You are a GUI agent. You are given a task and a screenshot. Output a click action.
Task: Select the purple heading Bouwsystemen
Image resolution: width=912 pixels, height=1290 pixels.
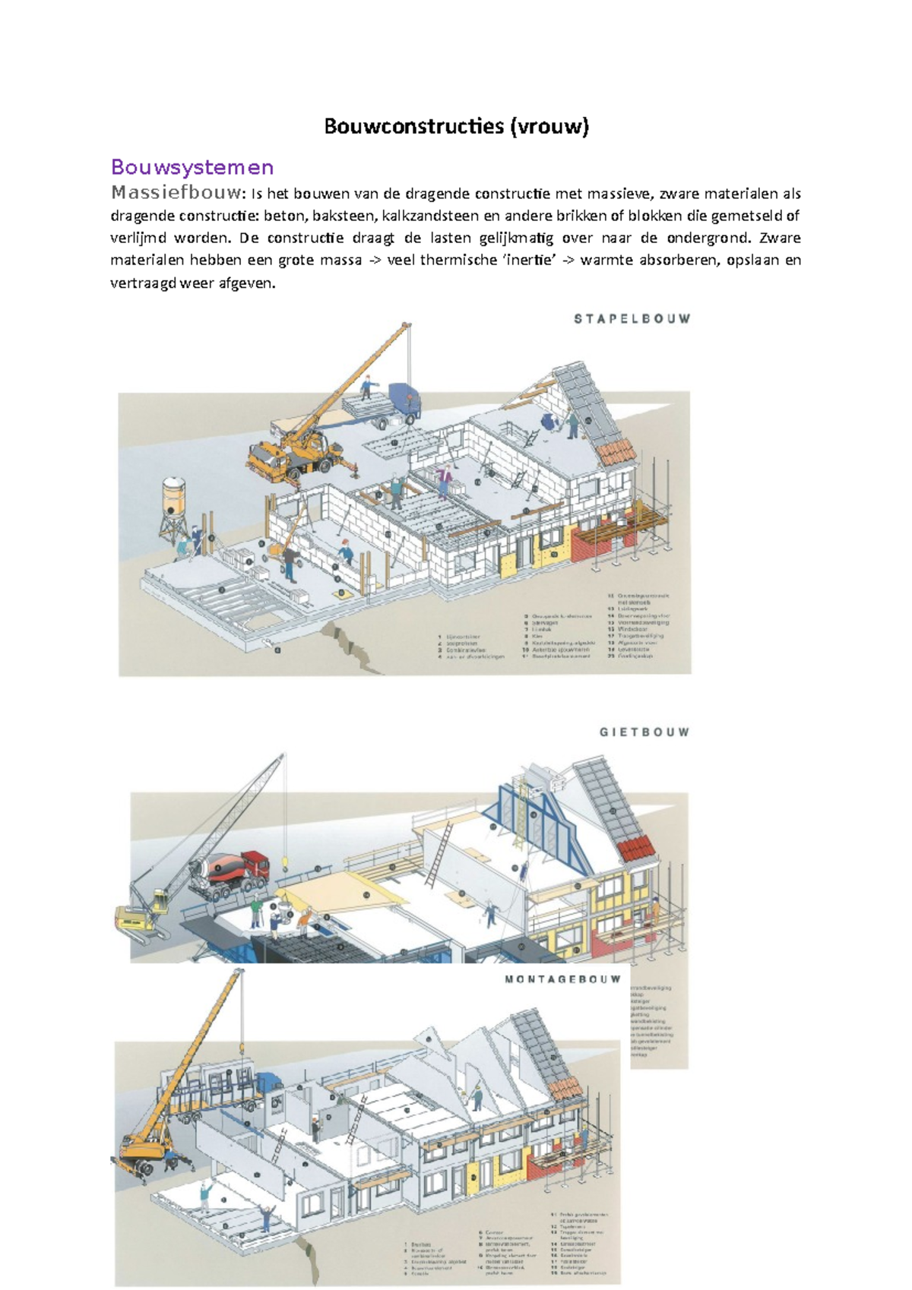pos(192,167)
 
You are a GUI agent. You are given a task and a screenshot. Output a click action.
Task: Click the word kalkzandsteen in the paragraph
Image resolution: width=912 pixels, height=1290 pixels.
pos(430,215)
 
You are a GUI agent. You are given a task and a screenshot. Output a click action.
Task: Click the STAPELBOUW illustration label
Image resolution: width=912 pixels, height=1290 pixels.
pos(632,319)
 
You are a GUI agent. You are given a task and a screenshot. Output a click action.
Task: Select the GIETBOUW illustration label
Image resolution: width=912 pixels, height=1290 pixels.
pos(644,732)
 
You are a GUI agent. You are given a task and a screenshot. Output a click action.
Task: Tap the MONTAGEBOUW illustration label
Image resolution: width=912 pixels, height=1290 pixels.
pos(562,979)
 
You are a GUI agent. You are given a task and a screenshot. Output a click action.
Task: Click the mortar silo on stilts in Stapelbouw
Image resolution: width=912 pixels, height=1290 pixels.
pos(175,498)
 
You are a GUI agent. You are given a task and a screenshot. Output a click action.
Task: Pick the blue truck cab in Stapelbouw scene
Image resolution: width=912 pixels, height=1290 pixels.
pos(404,400)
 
